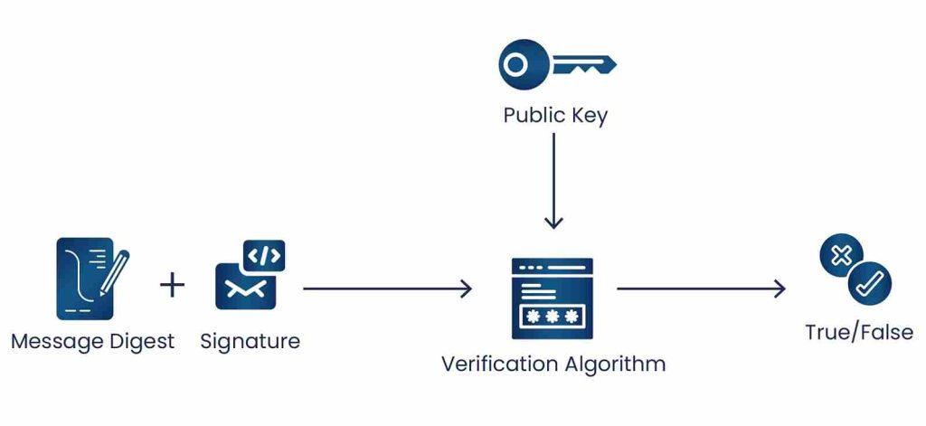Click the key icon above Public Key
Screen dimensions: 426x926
[x=556, y=64]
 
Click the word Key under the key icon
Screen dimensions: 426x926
[x=589, y=116]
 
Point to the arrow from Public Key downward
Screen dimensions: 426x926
[x=554, y=181]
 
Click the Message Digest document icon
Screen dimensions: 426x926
[x=85, y=279]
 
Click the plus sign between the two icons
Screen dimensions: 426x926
[x=172, y=286]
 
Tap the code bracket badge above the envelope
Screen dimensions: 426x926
[x=265, y=255]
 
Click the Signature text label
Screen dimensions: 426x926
[x=250, y=342]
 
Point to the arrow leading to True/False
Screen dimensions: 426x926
[x=701, y=289]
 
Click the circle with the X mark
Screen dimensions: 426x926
[x=840, y=256]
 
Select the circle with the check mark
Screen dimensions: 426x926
[x=870, y=283]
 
